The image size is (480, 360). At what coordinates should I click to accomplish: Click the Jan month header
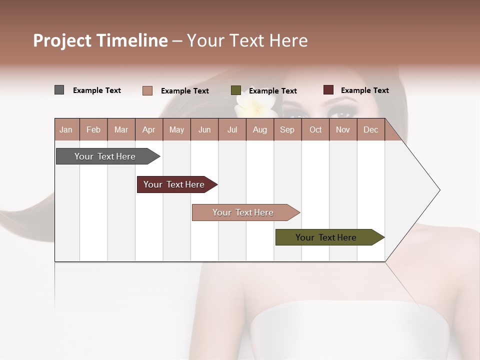tap(66, 130)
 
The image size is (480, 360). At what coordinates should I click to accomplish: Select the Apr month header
tap(148, 130)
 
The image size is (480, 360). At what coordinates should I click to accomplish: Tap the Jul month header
tap(232, 130)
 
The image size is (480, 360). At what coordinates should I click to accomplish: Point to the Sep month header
tap(287, 130)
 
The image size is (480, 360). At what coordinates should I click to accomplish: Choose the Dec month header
tap(370, 130)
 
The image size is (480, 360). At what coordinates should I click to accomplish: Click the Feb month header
tap(93, 130)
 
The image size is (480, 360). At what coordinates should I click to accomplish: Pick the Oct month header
tap(315, 130)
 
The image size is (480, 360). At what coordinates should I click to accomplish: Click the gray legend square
tap(59, 90)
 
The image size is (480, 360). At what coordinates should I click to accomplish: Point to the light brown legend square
tap(147, 90)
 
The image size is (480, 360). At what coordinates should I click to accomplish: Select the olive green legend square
tap(235, 90)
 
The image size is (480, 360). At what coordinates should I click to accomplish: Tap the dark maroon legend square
tap(328, 90)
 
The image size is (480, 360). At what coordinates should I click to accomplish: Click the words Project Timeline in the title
tap(100, 40)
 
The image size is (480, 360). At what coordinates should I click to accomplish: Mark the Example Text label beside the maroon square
tap(364, 90)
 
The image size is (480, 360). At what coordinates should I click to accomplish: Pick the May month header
tap(176, 130)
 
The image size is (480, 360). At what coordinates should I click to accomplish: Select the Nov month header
tap(342, 130)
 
